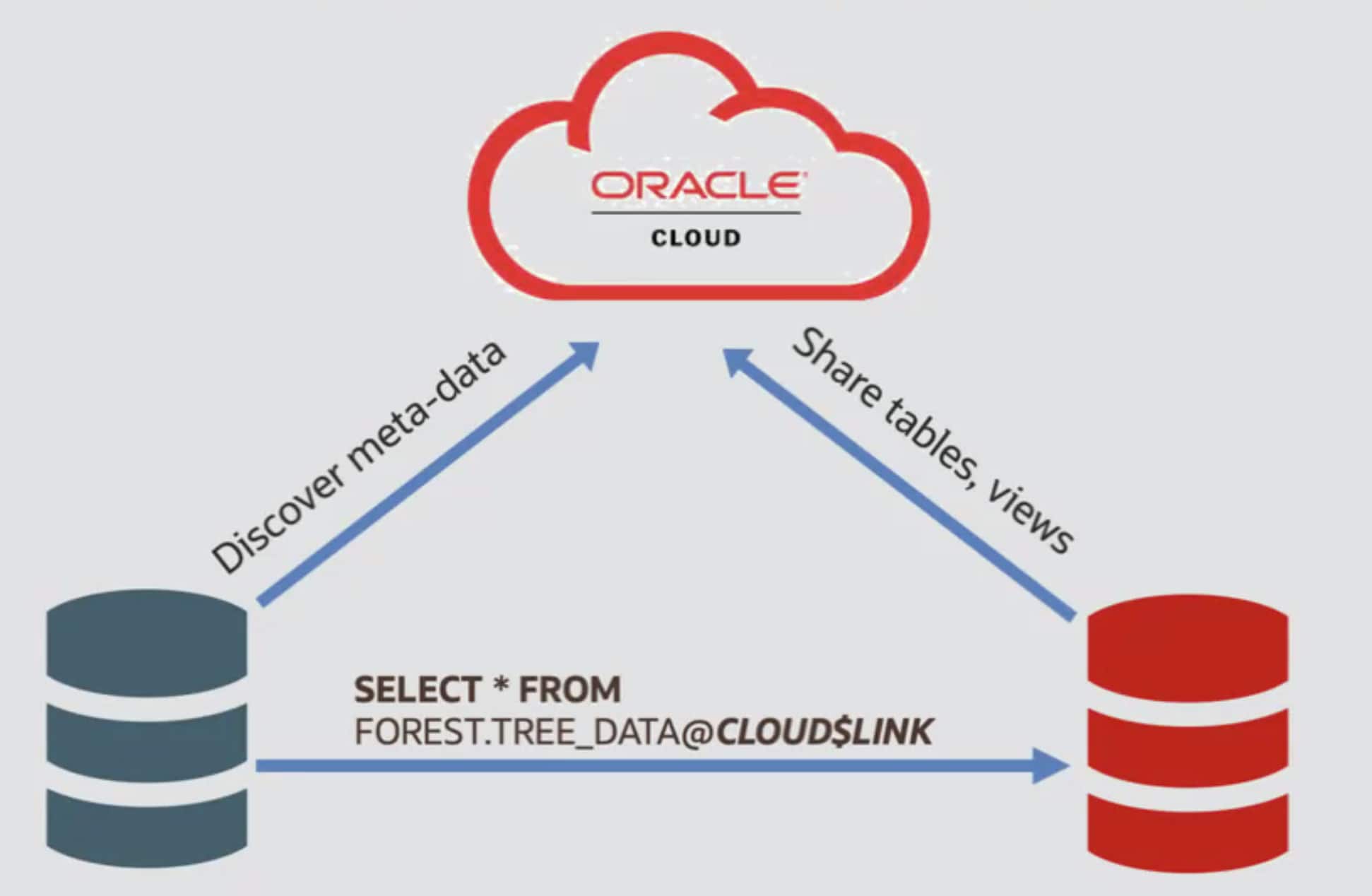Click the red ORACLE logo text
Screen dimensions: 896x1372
tap(696, 186)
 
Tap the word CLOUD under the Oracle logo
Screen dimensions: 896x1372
tap(696, 238)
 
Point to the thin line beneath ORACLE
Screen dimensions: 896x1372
tap(696, 213)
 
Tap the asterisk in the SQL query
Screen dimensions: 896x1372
tap(501, 687)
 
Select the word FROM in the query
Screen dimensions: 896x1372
tap(570, 690)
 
